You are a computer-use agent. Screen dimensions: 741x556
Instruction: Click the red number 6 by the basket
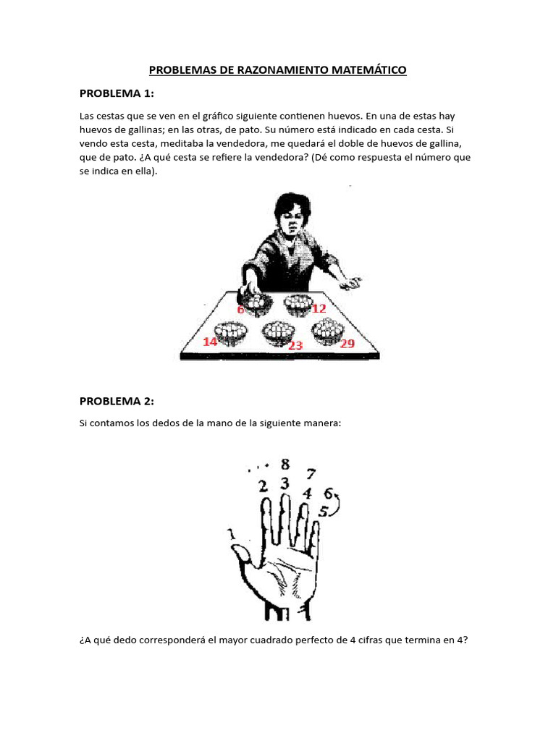click(x=241, y=310)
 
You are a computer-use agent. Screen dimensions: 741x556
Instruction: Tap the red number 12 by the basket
click(x=319, y=308)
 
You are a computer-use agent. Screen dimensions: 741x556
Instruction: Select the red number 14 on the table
click(x=210, y=341)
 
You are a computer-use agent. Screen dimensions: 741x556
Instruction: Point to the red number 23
click(x=295, y=346)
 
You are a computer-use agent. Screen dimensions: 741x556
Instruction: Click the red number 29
click(x=347, y=343)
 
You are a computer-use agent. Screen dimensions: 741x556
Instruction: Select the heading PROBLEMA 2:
click(x=117, y=401)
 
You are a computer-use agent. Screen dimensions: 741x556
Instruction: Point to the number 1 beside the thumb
click(x=231, y=534)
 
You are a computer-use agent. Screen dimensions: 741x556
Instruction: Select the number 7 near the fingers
click(x=311, y=475)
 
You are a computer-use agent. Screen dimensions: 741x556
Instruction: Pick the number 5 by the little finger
click(x=323, y=511)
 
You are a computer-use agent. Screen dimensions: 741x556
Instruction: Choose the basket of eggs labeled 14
click(x=232, y=332)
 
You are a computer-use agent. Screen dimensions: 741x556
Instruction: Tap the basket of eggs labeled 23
click(x=278, y=332)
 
